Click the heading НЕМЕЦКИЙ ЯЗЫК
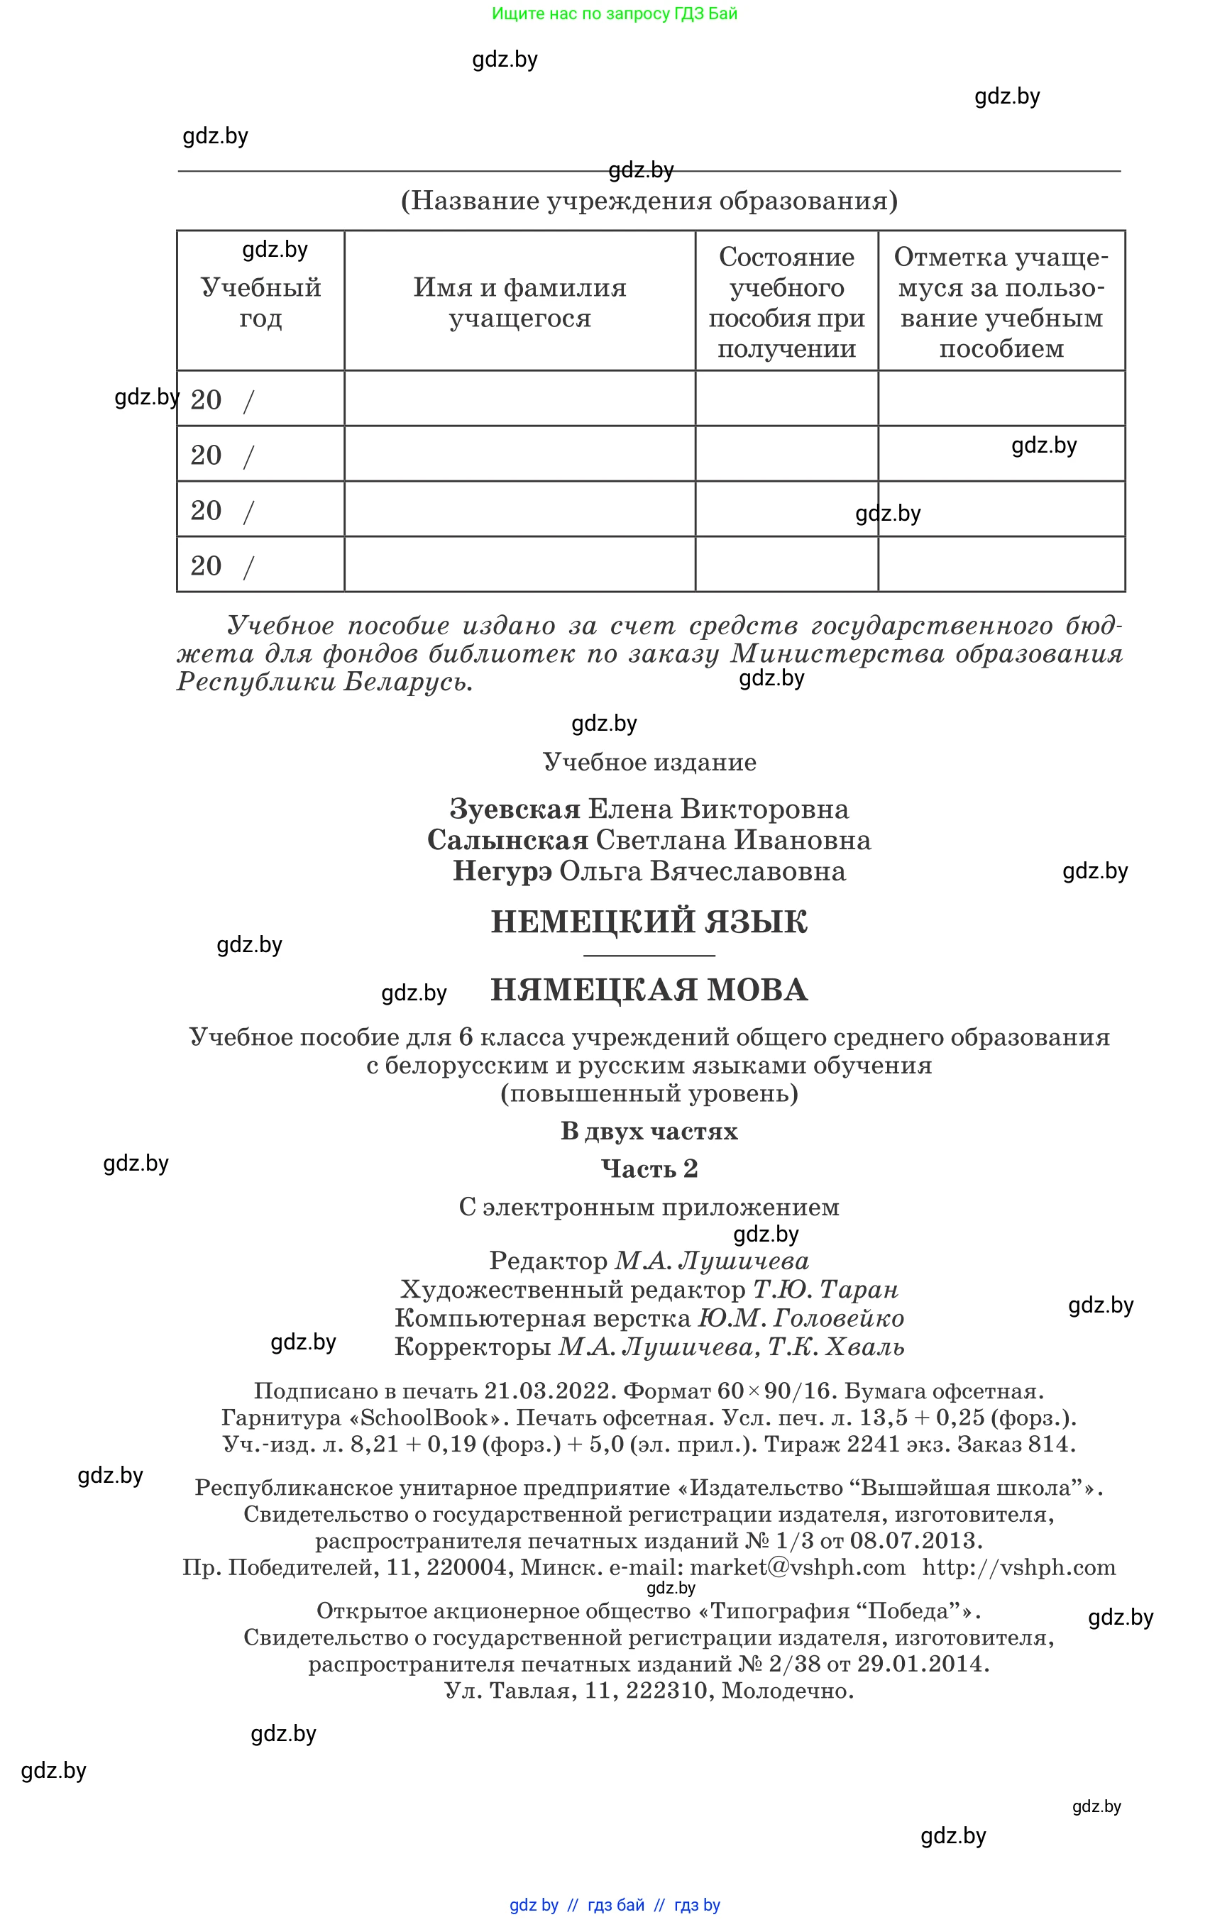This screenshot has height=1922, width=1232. tap(649, 922)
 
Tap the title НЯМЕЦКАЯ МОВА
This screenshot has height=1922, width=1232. tap(649, 990)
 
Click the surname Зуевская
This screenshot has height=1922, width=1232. tap(515, 809)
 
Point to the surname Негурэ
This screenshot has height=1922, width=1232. tap(502, 871)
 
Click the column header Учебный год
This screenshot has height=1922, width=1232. tap(260, 302)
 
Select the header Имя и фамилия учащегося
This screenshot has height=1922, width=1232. tap(519, 302)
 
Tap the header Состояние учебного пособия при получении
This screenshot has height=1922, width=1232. tap(786, 302)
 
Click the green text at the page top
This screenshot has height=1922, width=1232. tap(615, 13)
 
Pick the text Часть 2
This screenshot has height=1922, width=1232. tap(649, 1169)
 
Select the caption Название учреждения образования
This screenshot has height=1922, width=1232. tap(649, 200)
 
